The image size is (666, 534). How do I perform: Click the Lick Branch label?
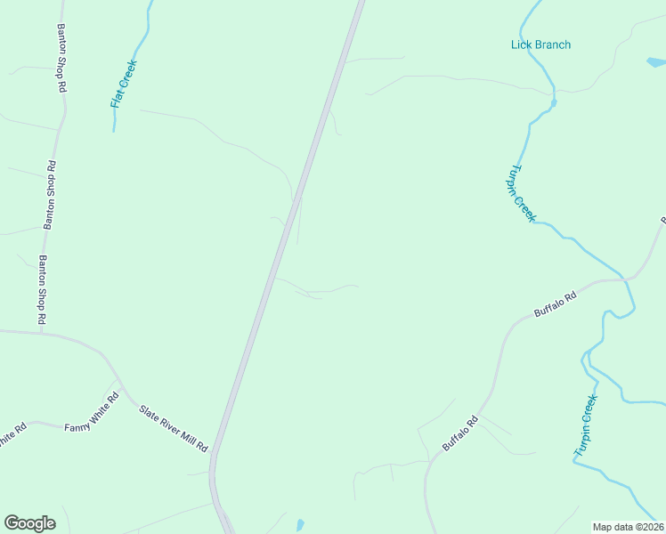(x=540, y=44)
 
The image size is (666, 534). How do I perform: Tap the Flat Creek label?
(x=124, y=84)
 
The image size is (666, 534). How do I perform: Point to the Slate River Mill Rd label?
(x=173, y=427)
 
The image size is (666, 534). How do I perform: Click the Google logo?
(x=29, y=523)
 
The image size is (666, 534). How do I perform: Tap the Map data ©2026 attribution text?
(x=629, y=527)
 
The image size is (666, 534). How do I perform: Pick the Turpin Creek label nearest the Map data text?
(x=585, y=427)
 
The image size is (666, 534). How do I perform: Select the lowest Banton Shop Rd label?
(x=42, y=289)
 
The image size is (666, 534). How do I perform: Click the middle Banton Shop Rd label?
(x=52, y=196)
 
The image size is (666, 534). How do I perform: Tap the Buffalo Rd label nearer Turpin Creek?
(x=556, y=305)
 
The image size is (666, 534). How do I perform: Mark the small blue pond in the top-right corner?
(x=655, y=62)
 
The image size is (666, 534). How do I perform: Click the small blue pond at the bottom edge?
(x=299, y=525)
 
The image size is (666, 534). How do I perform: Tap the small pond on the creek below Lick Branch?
(x=554, y=103)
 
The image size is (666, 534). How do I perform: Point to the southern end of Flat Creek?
(x=114, y=130)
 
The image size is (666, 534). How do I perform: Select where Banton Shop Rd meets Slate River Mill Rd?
(x=41, y=333)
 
